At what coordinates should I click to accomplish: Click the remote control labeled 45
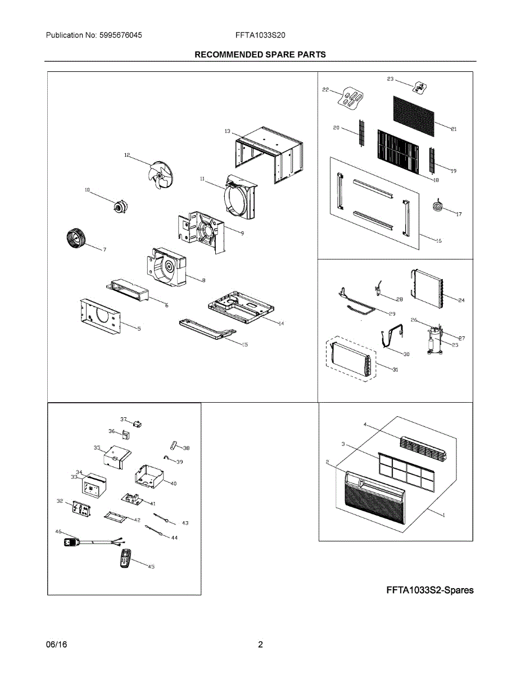(126, 558)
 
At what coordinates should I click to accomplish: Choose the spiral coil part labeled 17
(438, 207)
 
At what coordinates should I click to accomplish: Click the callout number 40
(173, 483)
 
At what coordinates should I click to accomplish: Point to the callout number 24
(461, 300)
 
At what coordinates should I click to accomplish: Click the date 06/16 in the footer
(56, 645)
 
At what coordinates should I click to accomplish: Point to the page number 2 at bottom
(260, 645)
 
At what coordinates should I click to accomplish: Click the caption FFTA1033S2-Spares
(430, 590)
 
